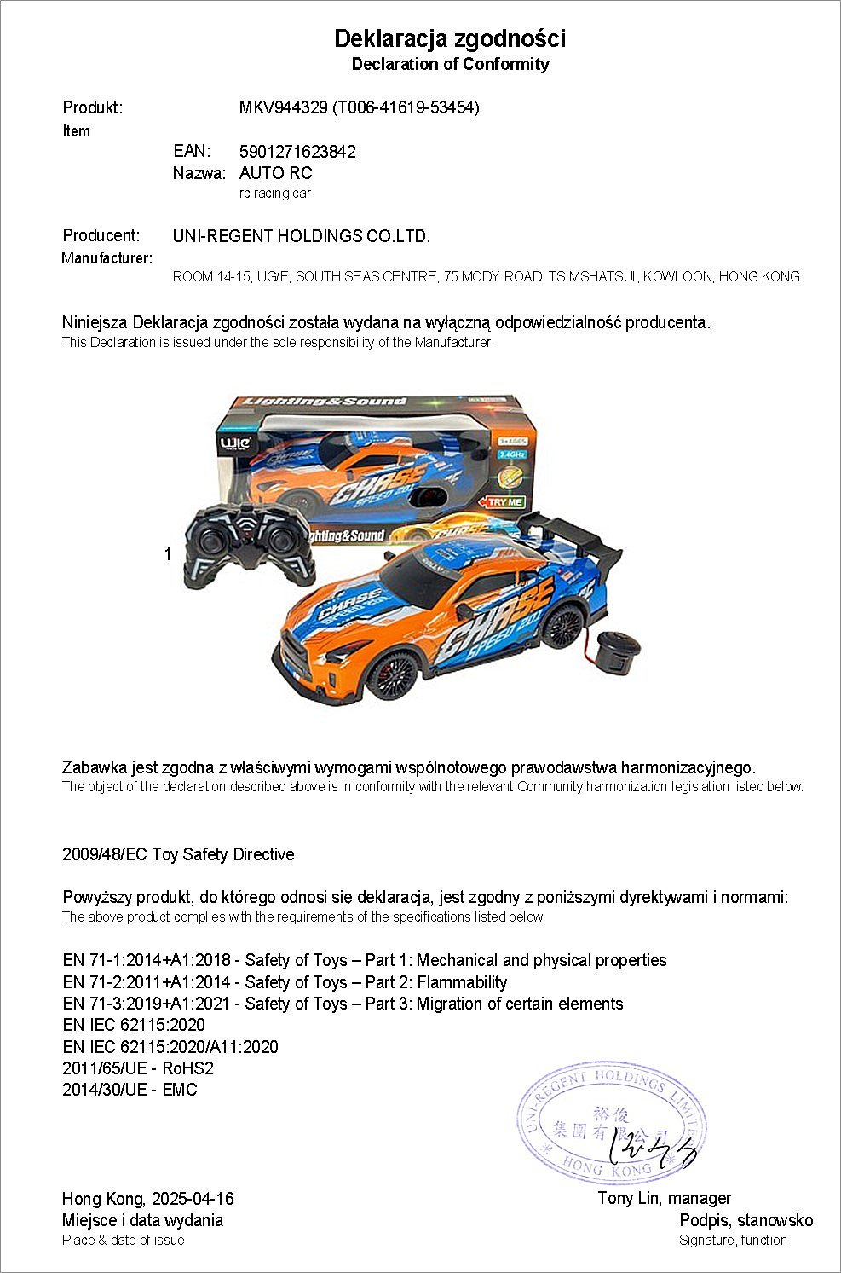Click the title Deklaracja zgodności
pyautogui.click(x=449, y=39)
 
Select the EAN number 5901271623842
pyautogui.click(x=297, y=152)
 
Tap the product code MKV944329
pyautogui.click(x=283, y=107)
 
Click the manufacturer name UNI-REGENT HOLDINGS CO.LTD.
pyautogui.click(x=302, y=236)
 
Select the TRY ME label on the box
pyautogui.click(x=504, y=502)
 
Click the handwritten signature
pyautogui.click(x=652, y=1153)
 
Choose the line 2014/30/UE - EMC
pyautogui.click(x=130, y=1090)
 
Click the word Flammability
pyautogui.click(x=462, y=982)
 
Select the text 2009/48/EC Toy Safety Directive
pyautogui.click(x=178, y=854)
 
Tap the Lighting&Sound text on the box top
pyautogui.click(x=325, y=402)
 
